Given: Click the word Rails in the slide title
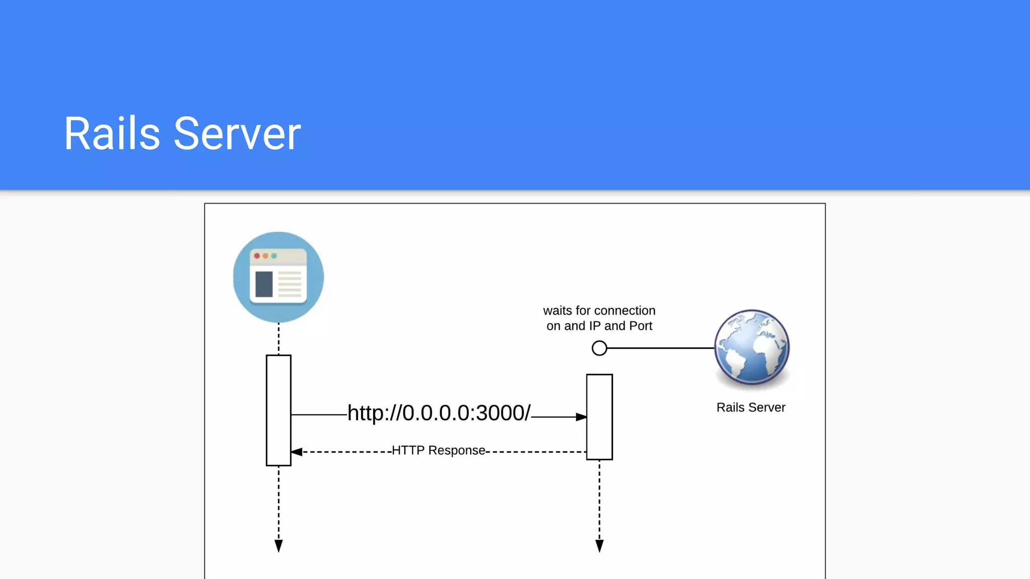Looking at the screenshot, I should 112,134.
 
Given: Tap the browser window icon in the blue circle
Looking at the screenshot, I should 278,277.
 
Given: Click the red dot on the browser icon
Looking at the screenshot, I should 257,256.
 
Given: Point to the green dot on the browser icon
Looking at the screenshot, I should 274,256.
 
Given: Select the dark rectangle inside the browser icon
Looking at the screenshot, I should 264,284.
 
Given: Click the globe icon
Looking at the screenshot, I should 751,347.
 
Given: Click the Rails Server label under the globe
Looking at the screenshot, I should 750,408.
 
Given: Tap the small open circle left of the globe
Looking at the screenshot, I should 599,348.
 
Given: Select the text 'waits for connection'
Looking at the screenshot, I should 599,311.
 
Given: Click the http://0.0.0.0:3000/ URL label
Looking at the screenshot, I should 439,413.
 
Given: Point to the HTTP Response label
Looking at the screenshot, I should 439,450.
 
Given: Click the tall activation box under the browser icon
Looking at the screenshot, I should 279,410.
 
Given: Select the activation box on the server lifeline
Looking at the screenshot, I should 599,417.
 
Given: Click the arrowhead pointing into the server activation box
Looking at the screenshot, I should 581,417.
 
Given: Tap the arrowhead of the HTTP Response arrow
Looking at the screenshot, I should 297,452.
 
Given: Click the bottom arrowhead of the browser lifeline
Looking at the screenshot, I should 279,546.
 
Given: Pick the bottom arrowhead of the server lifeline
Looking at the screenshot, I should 599,546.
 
